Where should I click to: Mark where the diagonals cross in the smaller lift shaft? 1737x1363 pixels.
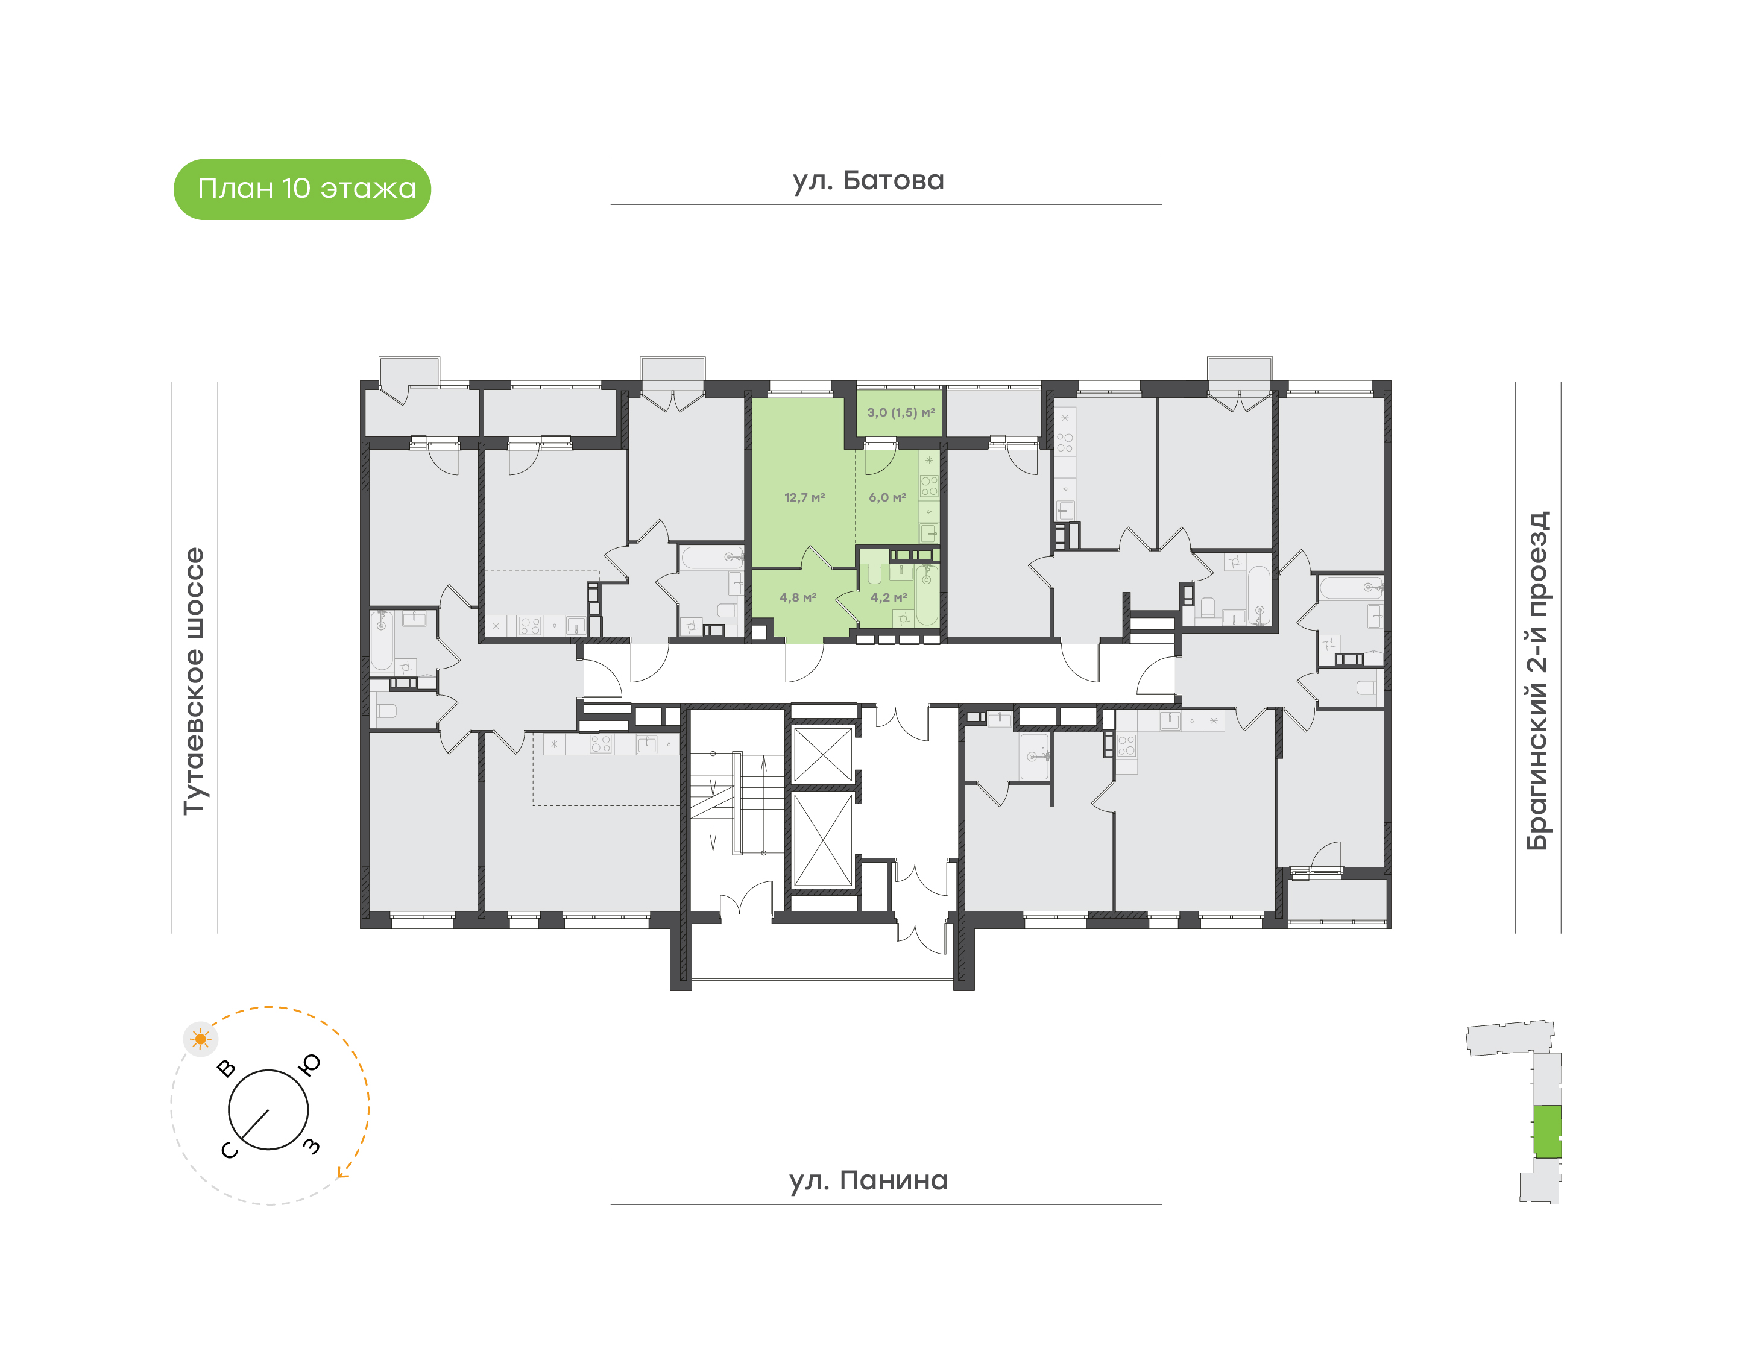[x=822, y=754]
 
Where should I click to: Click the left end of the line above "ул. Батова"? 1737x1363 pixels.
[x=611, y=159]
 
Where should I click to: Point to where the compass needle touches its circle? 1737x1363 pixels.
[x=242, y=1138]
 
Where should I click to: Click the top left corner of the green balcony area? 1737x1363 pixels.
[x=857, y=389]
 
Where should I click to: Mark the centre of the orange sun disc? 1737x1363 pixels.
[x=200, y=1039]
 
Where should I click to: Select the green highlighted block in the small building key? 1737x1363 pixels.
[x=1548, y=1132]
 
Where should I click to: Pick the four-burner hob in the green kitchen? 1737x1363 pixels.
[x=929, y=486]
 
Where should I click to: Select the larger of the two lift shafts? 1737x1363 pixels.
[x=822, y=840]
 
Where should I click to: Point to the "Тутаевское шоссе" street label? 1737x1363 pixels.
[x=194, y=681]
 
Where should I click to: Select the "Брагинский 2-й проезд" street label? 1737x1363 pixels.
[x=1537, y=681]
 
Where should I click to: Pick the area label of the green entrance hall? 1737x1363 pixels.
[x=798, y=597]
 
